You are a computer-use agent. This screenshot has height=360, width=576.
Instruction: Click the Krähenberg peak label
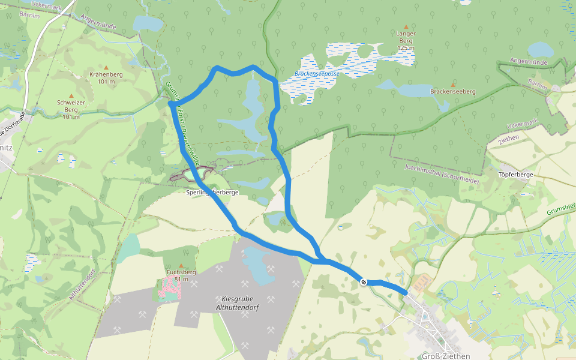pyautogui.click(x=106, y=77)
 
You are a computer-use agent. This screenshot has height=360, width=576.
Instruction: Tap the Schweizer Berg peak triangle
pyautogui.click(x=71, y=95)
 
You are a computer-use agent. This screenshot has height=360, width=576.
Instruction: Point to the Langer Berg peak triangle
pyautogui.click(x=406, y=27)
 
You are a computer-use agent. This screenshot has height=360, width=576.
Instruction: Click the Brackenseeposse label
pyautogui.click(x=317, y=74)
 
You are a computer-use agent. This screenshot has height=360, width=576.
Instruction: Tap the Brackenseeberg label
pyautogui.click(x=453, y=92)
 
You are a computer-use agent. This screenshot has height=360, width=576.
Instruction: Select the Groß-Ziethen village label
pyautogui.click(x=446, y=356)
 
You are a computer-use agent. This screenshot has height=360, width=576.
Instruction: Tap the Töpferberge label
pyautogui.click(x=516, y=175)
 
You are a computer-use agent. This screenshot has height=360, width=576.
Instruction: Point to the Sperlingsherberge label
pyautogui.click(x=212, y=193)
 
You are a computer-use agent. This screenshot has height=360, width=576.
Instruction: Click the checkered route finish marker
pyautogui.click(x=364, y=281)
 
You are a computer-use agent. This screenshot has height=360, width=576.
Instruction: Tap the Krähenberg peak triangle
pyautogui.click(x=106, y=67)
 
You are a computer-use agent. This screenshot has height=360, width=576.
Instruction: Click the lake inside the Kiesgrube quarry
pyautogui.click(x=259, y=265)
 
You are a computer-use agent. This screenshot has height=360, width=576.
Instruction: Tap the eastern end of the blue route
pyautogui.click(x=406, y=293)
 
